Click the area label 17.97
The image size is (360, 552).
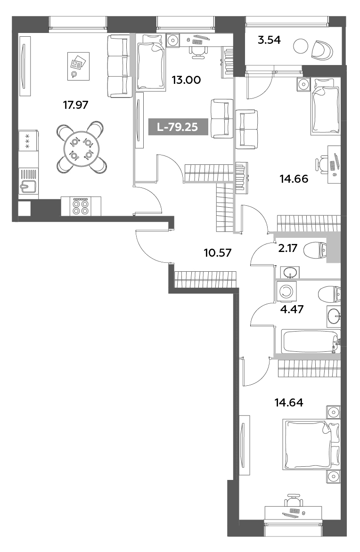(x=76, y=105)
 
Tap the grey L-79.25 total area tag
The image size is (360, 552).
(x=178, y=127)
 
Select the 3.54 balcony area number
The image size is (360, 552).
(x=269, y=40)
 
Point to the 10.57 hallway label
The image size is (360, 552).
(x=217, y=252)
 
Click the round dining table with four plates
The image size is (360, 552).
(x=81, y=147)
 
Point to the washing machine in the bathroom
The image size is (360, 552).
(x=286, y=291)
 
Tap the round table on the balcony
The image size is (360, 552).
(x=300, y=46)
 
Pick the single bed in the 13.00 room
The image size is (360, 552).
(x=151, y=65)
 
